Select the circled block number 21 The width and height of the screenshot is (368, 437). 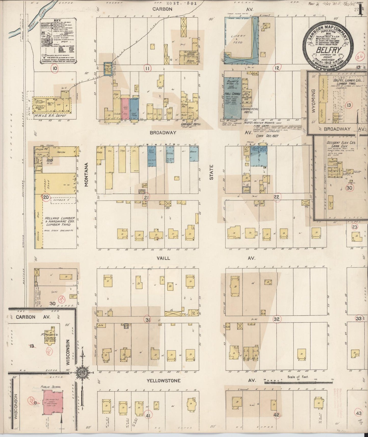[146, 197]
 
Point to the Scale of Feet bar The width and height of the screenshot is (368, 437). [298, 382]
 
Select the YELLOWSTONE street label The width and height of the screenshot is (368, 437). [163, 381]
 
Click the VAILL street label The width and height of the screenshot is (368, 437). [163, 258]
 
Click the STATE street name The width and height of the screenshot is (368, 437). [211, 172]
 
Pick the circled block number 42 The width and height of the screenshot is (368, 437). [276, 415]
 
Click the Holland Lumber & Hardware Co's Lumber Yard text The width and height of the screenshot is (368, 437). [60, 222]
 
